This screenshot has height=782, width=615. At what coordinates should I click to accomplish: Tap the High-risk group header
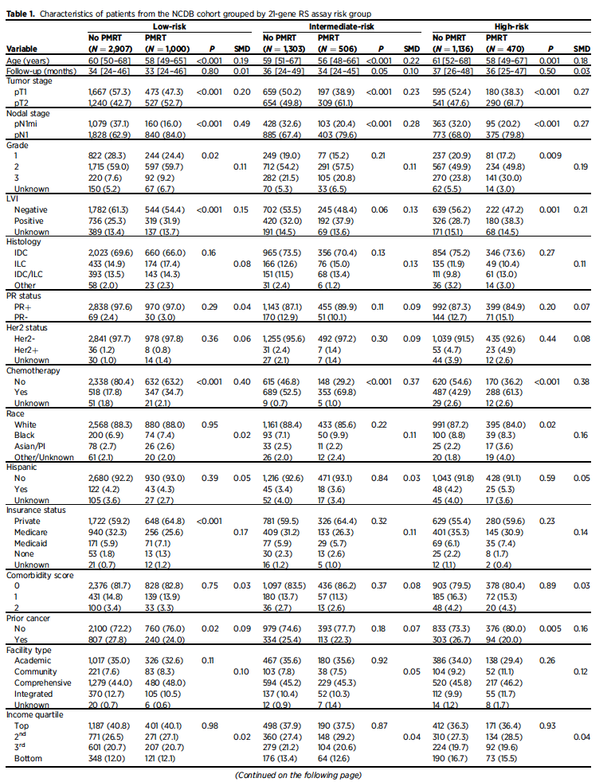coord(506,26)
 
